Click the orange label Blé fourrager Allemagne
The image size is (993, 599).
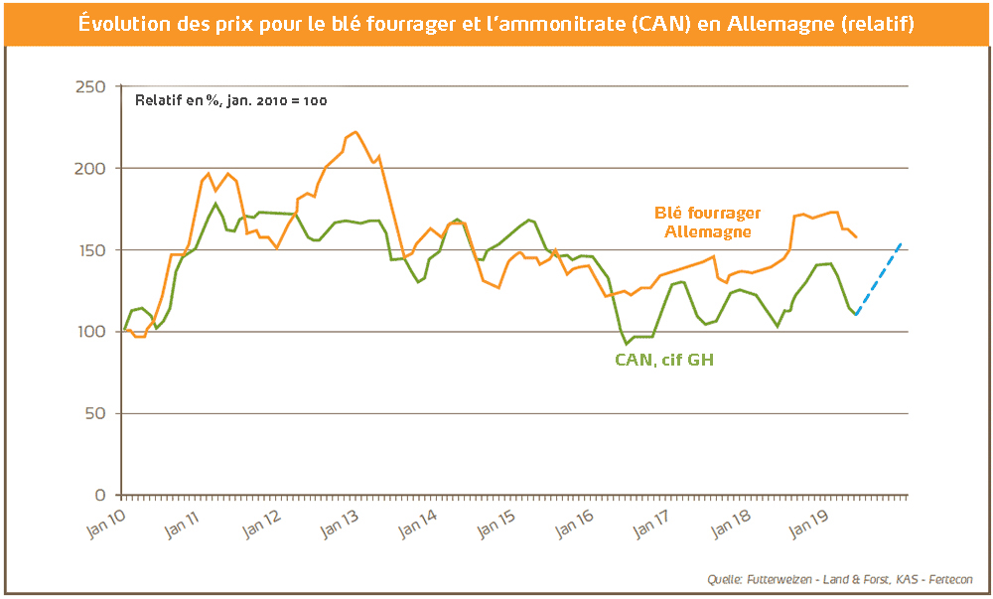tap(707, 222)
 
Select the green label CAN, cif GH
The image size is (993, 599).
tap(664, 360)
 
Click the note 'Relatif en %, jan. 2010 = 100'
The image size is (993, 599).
tap(231, 100)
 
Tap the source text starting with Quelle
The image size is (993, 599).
tap(840, 579)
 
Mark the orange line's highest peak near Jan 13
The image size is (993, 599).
tap(355, 132)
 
